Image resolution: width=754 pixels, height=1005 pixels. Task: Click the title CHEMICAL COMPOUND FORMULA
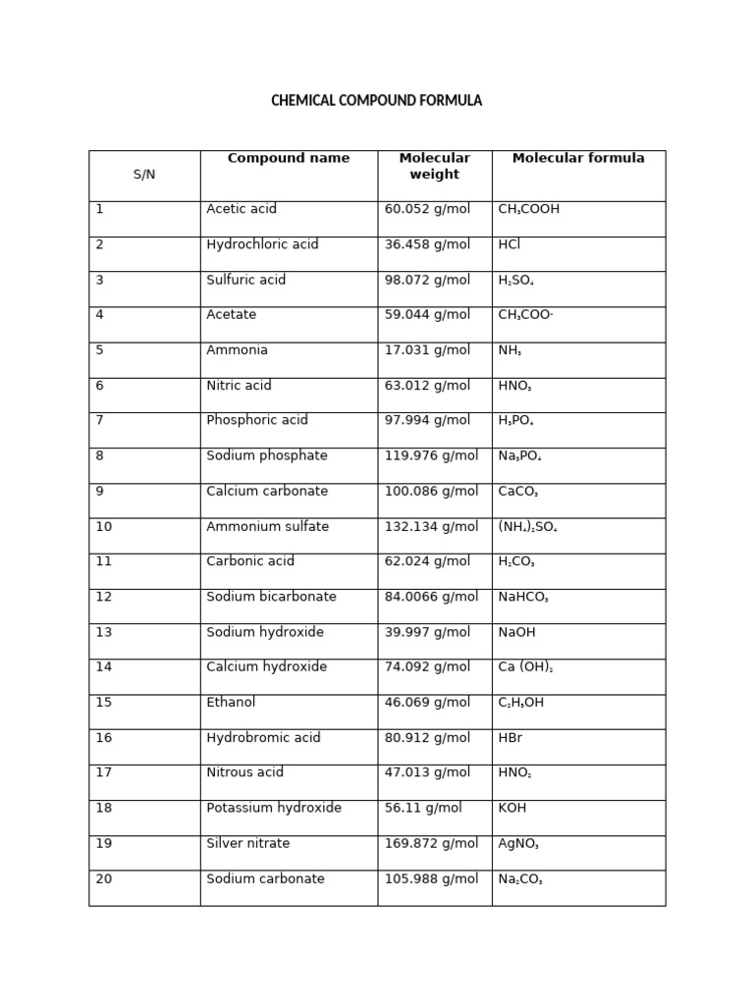point(376,101)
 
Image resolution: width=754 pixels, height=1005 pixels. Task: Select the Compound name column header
point(288,159)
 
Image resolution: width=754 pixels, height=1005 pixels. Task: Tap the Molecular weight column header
point(434,167)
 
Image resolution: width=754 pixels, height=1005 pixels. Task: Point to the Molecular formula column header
point(578,159)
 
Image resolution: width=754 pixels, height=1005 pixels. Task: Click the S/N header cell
point(144,175)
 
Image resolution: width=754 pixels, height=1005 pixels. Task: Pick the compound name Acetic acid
point(242,209)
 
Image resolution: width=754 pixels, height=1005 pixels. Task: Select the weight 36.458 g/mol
point(427,244)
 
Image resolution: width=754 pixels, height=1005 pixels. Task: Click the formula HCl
point(510,244)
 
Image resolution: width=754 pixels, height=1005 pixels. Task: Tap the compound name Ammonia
point(237,350)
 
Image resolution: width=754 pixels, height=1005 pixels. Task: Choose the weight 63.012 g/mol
point(427,386)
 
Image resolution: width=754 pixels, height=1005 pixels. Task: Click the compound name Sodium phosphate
point(267,455)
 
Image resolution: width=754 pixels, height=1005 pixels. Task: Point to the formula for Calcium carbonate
point(518,492)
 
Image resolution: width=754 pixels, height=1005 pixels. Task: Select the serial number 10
point(103,527)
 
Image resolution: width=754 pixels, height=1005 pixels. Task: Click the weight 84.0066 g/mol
point(431,597)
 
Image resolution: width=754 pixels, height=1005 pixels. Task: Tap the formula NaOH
point(516,632)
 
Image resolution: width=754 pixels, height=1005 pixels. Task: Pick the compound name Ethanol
point(231,703)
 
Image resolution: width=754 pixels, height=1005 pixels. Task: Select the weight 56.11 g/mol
point(423,808)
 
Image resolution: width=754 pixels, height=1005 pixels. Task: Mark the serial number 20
point(103,878)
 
